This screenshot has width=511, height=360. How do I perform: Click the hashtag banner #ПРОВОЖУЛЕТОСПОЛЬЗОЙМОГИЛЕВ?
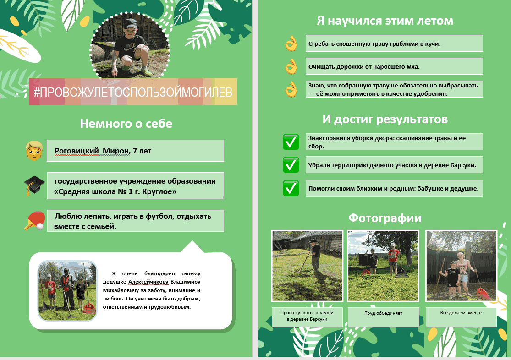(133, 92)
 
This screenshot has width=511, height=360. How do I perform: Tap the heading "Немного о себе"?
(126, 124)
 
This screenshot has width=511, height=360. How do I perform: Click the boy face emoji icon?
(34, 151)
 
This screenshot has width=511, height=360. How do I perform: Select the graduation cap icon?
(34, 185)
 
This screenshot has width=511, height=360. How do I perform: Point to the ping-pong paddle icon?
(34, 221)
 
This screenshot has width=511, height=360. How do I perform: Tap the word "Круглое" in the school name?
(159, 191)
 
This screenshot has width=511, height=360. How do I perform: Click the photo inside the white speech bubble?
(67, 290)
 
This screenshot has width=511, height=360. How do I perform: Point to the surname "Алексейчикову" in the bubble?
(148, 282)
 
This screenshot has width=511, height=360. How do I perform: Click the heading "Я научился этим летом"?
(385, 21)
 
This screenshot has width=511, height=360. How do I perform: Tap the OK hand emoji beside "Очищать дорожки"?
(291, 66)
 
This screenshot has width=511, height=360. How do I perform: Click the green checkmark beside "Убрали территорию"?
(291, 165)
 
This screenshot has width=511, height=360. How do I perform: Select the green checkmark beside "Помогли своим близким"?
(291, 188)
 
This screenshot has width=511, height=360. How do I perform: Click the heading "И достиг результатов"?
(385, 119)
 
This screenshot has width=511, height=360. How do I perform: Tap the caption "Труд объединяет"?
(384, 313)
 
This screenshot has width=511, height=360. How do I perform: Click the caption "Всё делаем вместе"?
(461, 312)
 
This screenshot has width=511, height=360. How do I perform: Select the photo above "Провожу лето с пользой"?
(307, 266)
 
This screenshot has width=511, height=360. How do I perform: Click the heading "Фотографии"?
(385, 218)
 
